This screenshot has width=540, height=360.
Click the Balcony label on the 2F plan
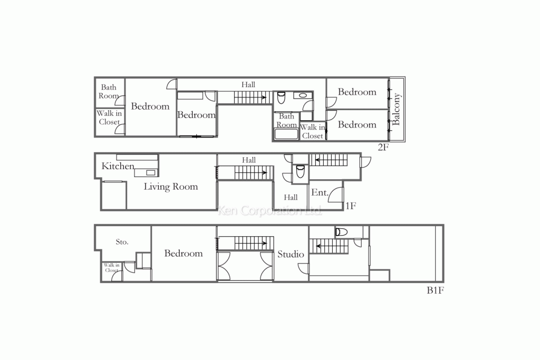pos(397,109)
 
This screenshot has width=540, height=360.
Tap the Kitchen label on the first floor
pos(118,167)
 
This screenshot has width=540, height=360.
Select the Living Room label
pos(171,187)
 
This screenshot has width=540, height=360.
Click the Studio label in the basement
pos(291,255)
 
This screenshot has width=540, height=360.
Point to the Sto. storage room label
pos(122,242)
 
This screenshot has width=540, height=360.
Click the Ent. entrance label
pos(320,193)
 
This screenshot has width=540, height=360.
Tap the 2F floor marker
pos(383,147)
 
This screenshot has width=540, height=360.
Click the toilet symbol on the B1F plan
pos(341,232)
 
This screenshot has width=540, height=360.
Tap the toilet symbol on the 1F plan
pos(300,172)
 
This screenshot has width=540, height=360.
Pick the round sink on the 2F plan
pos(302,96)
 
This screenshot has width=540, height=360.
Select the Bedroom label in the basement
pos(183,254)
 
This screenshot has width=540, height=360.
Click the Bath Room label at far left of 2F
pos(109,92)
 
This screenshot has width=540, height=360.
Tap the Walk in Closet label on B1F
pos(111,268)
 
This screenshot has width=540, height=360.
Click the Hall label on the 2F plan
pos(248,84)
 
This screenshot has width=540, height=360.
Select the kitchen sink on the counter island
pos(150,172)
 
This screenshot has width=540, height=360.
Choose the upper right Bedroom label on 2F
pos(357,92)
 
